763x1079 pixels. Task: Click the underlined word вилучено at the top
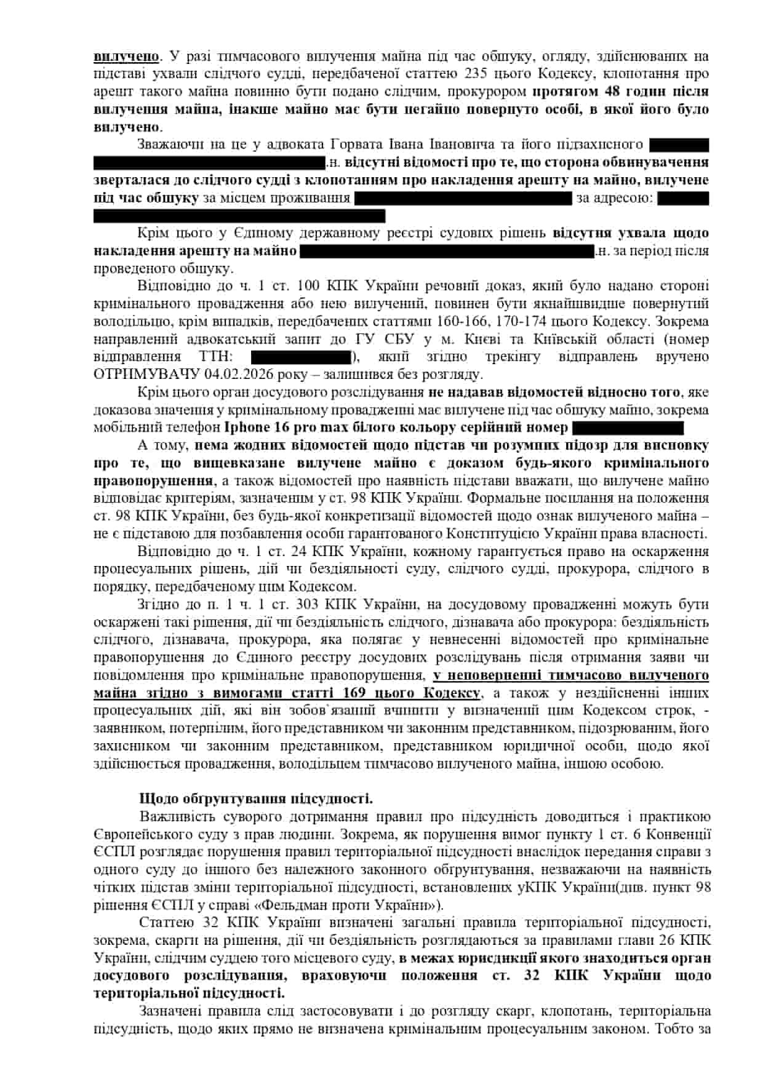coord(126,57)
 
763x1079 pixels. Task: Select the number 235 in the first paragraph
coord(471,74)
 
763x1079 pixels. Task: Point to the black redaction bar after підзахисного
coord(679,145)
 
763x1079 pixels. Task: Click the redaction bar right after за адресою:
coord(682,198)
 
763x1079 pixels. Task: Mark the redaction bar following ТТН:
coord(301,357)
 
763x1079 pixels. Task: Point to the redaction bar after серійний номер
coord(628,428)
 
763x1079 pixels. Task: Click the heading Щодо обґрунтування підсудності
coord(256,799)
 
